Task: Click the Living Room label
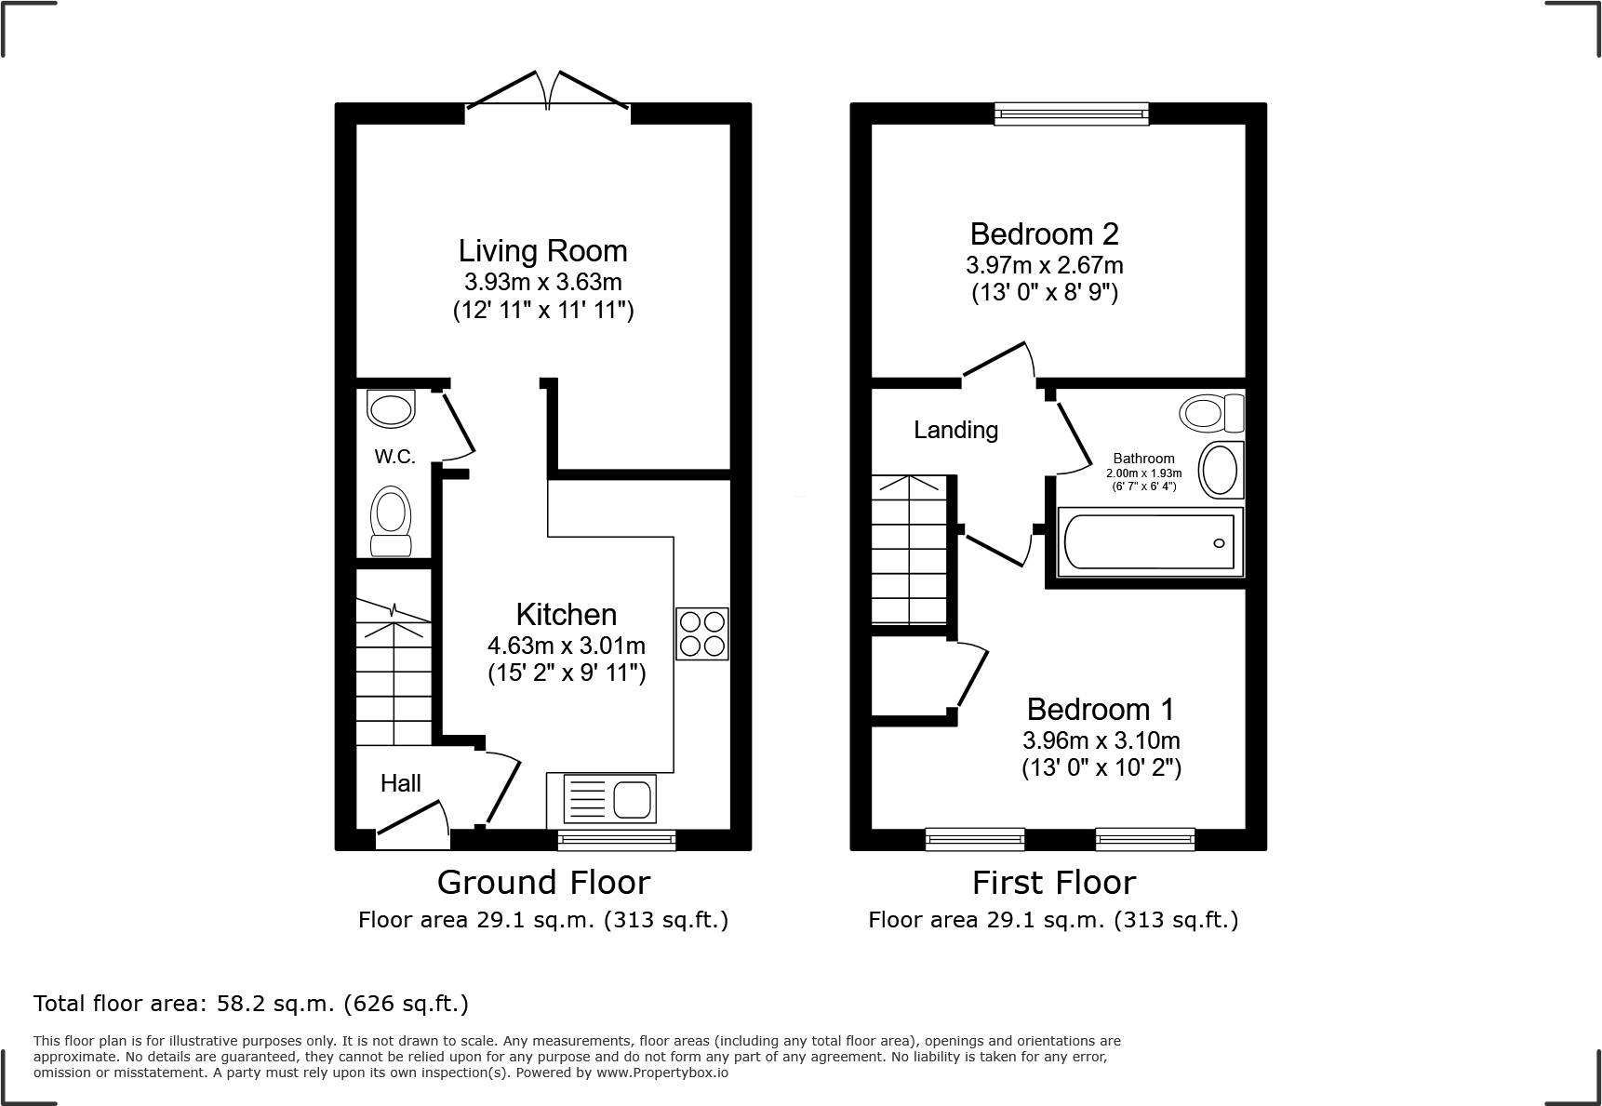[x=542, y=251]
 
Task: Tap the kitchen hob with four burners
[x=702, y=633]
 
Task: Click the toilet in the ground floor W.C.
[x=391, y=521]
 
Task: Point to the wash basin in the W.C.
[x=391, y=408]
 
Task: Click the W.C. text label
[x=394, y=457]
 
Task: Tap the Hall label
[x=401, y=783]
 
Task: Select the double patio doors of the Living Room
[x=548, y=95]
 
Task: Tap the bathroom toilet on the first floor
[x=1212, y=412]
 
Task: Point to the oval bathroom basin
[x=1221, y=470]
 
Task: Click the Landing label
[x=955, y=430]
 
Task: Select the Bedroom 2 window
[x=1071, y=113]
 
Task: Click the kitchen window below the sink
[x=617, y=840]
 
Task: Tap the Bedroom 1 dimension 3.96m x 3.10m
[x=1101, y=740]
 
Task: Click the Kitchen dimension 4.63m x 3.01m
[x=567, y=645]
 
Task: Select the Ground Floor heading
[x=543, y=882]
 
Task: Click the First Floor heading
[x=1053, y=882]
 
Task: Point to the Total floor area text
[x=251, y=1004]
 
